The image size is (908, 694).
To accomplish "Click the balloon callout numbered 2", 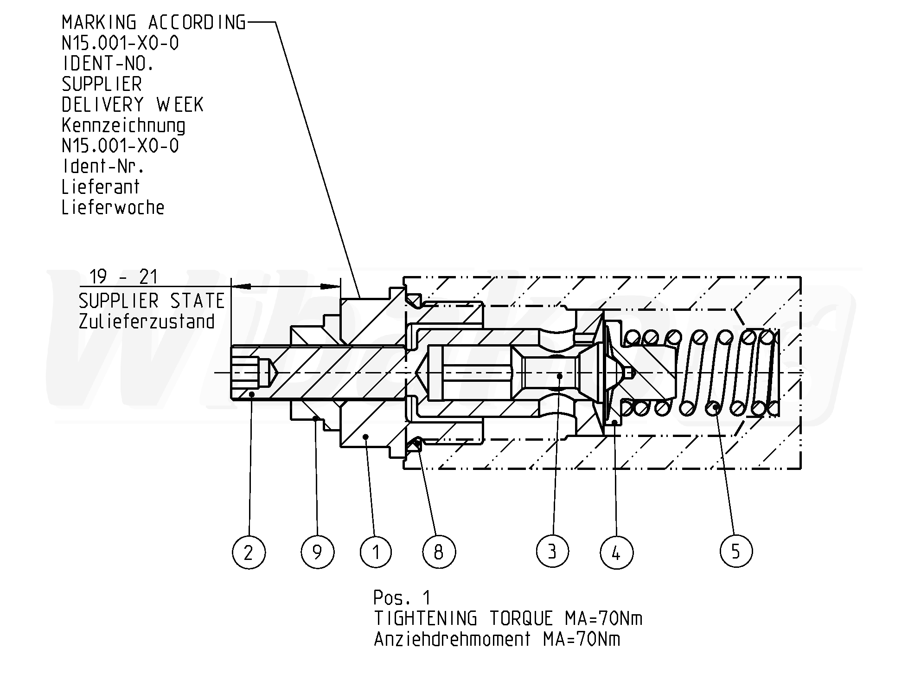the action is (249, 552).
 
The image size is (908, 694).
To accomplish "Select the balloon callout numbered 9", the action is (317, 552).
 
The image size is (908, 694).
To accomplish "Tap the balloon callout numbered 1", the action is (376, 552).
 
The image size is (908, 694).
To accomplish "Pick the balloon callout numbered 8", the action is (439, 552).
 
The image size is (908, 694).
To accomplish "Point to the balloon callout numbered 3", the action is (552, 552).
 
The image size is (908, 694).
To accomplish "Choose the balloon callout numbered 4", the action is (616, 552).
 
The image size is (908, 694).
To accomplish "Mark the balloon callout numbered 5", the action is (736, 551).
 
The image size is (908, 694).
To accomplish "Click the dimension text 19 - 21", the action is (123, 277).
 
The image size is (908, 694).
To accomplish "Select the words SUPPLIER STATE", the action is (152, 301).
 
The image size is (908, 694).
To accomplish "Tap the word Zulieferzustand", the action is (147, 321).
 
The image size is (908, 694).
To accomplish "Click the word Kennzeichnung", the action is (123, 126).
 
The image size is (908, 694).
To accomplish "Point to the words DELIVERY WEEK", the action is (133, 105).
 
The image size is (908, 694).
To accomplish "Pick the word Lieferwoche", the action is (113, 207).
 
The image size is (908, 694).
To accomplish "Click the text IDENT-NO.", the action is (108, 64).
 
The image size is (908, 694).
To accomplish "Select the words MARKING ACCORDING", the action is (153, 22).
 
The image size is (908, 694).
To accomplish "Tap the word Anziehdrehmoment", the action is (452, 639).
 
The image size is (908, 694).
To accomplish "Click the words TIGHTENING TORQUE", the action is (464, 618).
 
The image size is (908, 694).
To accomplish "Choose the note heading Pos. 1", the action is (402, 598).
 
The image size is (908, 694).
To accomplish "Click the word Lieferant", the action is (101, 186).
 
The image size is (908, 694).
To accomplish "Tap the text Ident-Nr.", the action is (103, 166).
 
